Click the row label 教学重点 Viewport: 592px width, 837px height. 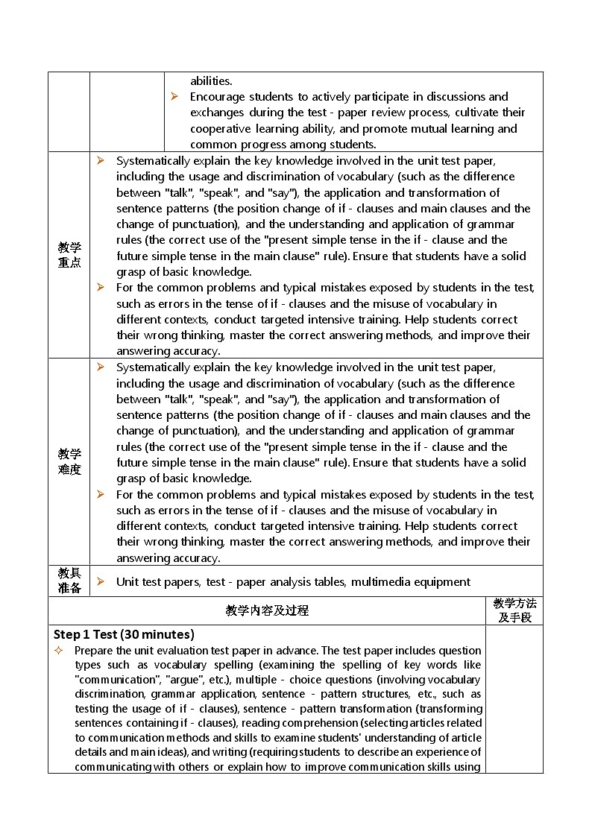(69, 255)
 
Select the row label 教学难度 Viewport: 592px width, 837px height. (69, 461)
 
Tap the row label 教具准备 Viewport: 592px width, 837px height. (69, 581)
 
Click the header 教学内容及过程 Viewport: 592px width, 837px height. (267, 610)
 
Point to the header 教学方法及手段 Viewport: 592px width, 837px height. (514, 610)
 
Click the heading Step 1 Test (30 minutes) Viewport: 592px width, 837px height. (124, 634)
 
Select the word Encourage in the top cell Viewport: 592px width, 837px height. (217, 97)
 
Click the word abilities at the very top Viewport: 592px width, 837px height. (211, 80)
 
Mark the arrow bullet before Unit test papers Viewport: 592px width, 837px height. (100, 581)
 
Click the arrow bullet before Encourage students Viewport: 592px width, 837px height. (174, 96)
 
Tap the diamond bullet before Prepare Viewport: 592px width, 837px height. (59, 651)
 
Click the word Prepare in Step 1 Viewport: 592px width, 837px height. (94, 651)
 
